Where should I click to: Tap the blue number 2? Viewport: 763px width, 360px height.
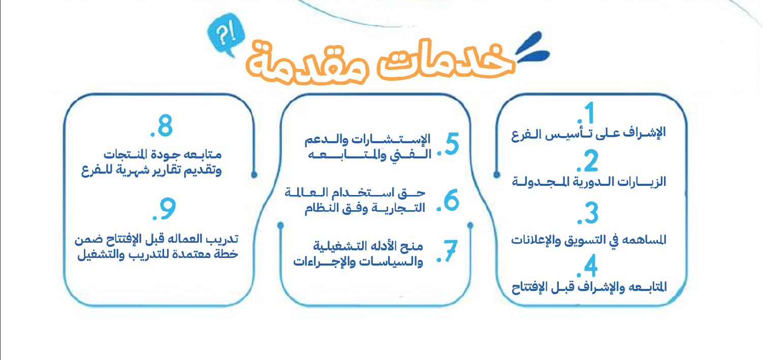pos(591,160)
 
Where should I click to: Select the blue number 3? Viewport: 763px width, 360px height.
pos(592,213)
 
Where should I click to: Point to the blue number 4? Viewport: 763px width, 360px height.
pos(591,266)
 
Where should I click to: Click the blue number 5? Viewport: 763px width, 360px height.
pos(452,144)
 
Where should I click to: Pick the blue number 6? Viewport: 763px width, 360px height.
pos(452,200)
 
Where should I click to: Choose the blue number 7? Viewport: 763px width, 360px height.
pos(450,251)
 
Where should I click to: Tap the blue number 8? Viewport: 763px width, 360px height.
pos(165,125)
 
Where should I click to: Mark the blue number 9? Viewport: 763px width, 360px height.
pos(168,209)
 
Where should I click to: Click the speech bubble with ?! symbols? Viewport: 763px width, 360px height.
pos(226,35)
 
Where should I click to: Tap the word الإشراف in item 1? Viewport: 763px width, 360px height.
pos(644,132)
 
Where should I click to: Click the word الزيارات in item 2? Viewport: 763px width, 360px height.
pos(642,182)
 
